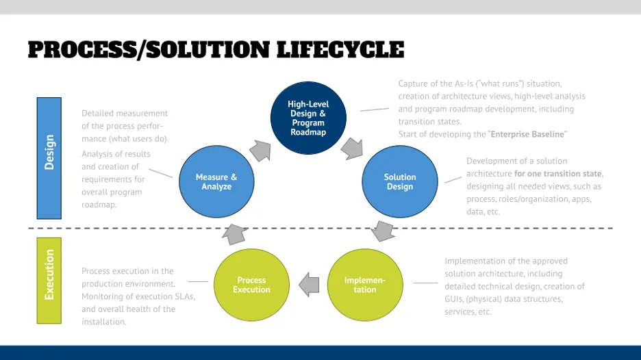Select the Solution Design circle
click(x=399, y=181)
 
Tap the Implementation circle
click(x=364, y=285)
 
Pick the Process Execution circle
click(x=251, y=285)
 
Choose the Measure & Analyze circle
click(x=216, y=181)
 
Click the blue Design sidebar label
click(x=49, y=153)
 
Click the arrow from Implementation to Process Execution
click(x=309, y=284)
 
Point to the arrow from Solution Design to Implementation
click(x=384, y=231)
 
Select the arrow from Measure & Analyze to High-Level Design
click(x=260, y=150)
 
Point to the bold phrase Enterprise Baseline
click(x=528, y=134)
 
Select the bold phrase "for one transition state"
click(x=558, y=174)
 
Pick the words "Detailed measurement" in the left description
click(x=124, y=113)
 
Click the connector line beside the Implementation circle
click(x=425, y=283)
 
